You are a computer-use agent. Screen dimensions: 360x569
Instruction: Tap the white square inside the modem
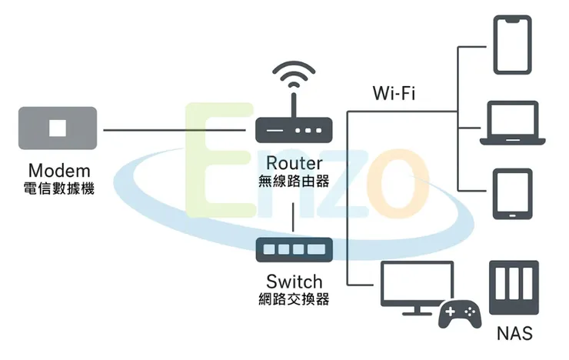(58, 128)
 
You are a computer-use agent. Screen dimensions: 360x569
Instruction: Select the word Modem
(59, 170)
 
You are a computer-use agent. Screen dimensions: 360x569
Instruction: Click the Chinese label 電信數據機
(59, 188)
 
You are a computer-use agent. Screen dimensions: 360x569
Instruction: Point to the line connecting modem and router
(177, 130)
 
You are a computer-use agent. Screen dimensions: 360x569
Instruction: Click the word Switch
(294, 281)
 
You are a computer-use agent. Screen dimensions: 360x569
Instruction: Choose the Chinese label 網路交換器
(294, 299)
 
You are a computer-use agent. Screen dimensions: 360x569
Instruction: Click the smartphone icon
(512, 44)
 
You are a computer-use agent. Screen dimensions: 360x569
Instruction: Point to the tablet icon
(511, 194)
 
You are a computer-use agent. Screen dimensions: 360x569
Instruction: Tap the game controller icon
(459, 314)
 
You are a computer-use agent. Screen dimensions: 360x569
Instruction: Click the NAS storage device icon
(514, 289)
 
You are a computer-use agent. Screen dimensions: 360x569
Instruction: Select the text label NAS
(514, 334)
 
